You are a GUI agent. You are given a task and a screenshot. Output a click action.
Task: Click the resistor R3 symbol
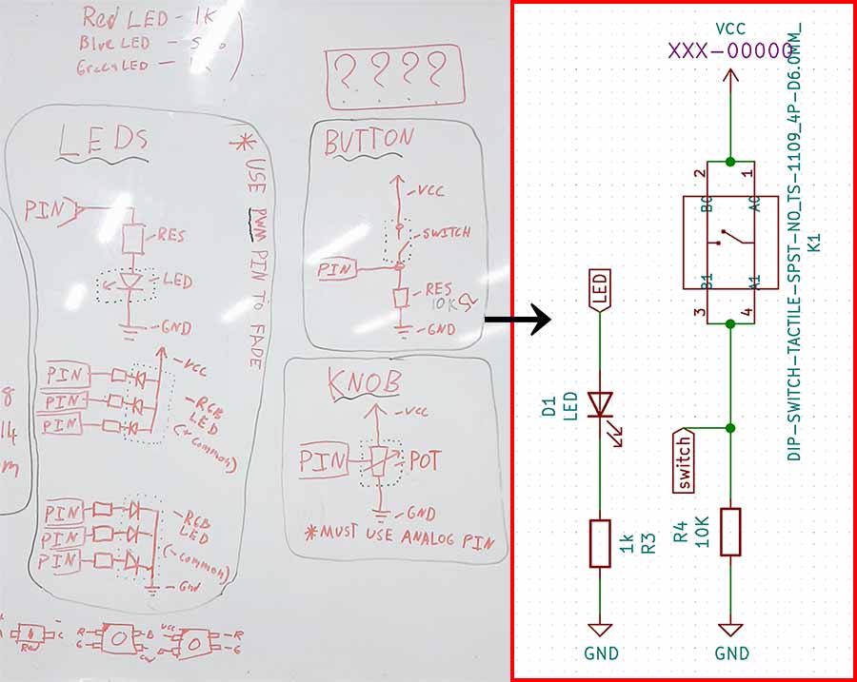pos(600,542)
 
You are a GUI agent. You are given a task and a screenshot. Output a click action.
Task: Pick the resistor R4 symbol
pos(730,532)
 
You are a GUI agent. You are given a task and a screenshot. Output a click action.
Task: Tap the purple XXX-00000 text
pos(730,51)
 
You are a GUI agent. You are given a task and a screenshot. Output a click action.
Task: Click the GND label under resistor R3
pos(601,653)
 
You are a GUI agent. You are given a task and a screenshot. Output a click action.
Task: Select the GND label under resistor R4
pos(731,653)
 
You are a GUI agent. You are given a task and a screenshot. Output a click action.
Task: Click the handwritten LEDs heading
pos(103,143)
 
